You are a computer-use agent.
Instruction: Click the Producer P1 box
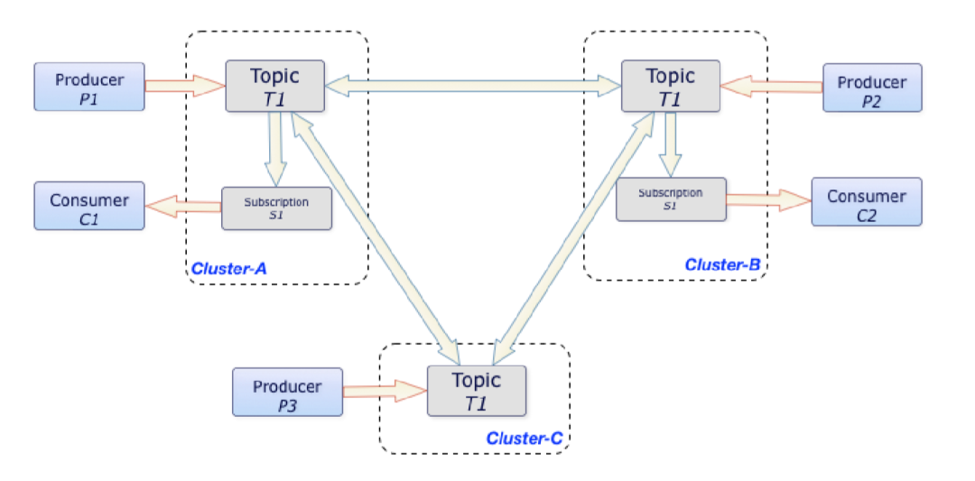click(89, 87)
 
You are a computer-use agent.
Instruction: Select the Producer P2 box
click(872, 88)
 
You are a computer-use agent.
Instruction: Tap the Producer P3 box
click(287, 392)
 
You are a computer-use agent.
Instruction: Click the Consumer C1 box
click(89, 205)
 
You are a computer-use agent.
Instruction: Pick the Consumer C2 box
click(867, 201)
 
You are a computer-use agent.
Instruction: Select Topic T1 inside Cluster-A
click(274, 87)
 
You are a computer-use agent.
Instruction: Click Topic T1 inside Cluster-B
click(671, 87)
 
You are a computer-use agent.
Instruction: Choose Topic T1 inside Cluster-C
click(476, 391)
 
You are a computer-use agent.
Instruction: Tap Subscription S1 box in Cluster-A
click(276, 208)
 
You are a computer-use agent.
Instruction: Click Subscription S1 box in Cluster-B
click(671, 199)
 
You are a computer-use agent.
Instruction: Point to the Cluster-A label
click(228, 268)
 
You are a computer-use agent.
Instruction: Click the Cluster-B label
click(722, 264)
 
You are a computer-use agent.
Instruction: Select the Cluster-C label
click(525, 438)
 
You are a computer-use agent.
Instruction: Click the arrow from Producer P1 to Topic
click(184, 87)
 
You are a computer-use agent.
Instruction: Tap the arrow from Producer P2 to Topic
click(771, 87)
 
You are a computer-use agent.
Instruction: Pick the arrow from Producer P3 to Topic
click(385, 391)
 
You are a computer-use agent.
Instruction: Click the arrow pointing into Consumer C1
click(183, 207)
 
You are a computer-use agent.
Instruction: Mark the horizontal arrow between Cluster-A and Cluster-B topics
click(472, 87)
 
